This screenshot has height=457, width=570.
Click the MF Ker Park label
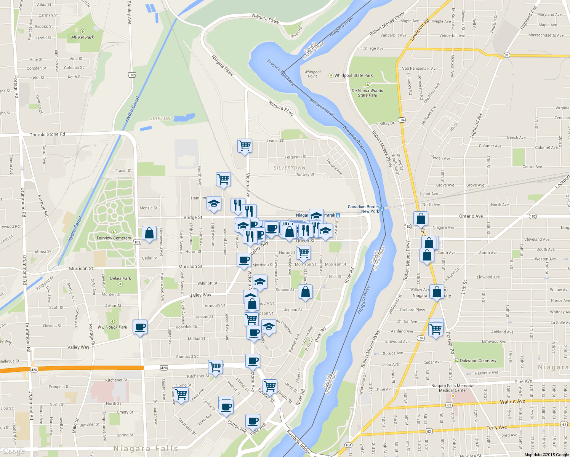pyautogui.click(x=82, y=37)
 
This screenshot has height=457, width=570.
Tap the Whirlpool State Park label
pyautogui.click(x=353, y=75)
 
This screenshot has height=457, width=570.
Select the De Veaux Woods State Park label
pyautogui.click(x=367, y=93)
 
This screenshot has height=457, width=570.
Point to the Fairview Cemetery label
pyautogui.click(x=114, y=238)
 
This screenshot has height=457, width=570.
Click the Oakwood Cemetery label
pyautogui.click(x=478, y=361)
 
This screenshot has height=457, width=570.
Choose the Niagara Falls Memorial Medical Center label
pyautogui.click(x=453, y=388)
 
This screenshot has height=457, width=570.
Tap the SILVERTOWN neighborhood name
pyautogui.click(x=289, y=168)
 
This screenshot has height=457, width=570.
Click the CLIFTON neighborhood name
pyautogui.click(x=160, y=119)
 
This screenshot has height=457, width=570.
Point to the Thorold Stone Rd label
pyautogui.click(x=47, y=134)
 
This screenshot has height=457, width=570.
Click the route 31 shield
pyautogui.click(x=507, y=55)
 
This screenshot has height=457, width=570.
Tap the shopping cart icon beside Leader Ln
pyautogui.click(x=245, y=145)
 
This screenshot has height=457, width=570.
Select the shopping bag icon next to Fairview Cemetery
pyautogui.click(x=149, y=233)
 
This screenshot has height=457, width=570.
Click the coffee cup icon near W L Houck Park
pyautogui.click(x=140, y=327)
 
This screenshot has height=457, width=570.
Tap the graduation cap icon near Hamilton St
pyautogui.click(x=214, y=204)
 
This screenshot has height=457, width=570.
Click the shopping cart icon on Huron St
pyautogui.click(x=303, y=252)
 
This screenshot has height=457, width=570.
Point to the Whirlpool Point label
pyautogui.click(x=312, y=74)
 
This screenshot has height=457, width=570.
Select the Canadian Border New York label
pyautogui.click(x=363, y=209)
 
